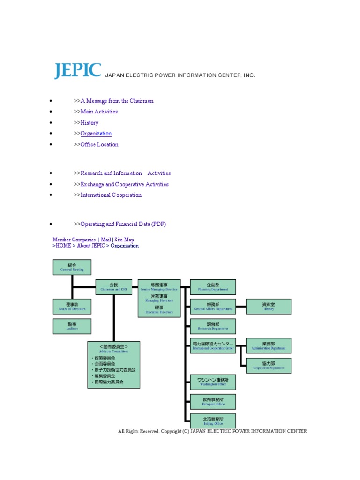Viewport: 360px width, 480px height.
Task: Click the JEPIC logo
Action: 77,70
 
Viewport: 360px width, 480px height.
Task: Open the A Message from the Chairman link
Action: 117,101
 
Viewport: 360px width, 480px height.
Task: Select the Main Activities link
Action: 99,112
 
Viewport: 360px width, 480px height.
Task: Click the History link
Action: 89,123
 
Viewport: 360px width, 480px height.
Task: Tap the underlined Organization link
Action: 96,134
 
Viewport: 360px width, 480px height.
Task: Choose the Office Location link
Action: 99,144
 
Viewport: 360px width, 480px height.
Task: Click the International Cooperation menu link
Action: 111,195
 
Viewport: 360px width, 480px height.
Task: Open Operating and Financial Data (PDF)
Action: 123,224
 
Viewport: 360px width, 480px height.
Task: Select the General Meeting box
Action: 72,267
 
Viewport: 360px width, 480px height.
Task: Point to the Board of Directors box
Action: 72,307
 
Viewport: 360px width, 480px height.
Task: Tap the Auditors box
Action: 72,326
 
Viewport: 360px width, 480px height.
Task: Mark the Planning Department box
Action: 213,287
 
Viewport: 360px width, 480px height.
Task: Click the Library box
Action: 269,307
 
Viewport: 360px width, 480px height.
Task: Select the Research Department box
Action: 213,326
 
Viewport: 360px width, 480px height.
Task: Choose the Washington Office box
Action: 213,382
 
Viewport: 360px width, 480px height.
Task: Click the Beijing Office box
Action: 213,421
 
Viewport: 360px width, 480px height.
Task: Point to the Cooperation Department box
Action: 269,366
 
